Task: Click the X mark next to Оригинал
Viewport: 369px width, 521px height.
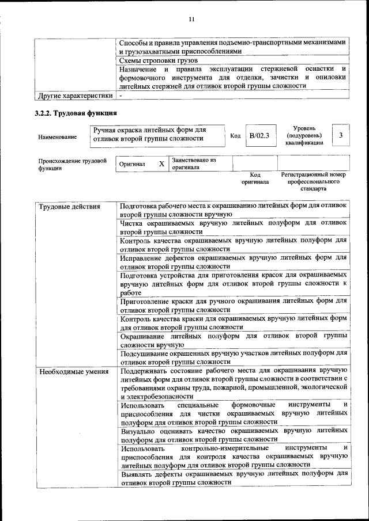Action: click(x=161, y=164)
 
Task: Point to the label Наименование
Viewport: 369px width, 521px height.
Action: click(x=57, y=137)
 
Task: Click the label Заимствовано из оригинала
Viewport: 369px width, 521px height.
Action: click(x=194, y=164)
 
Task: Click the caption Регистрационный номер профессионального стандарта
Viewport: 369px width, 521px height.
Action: click(x=313, y=181)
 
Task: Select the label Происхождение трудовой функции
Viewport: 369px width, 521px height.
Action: click(x=72, y=165)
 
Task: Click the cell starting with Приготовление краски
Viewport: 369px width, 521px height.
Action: click(x=234, y=305)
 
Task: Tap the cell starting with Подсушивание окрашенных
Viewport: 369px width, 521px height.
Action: click(x=234, y=357)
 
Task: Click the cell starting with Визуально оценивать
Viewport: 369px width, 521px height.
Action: click(x=234, y=435)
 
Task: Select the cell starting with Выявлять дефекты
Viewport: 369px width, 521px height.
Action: click(x=234, y=478)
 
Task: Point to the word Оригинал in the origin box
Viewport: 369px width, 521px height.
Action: click(x=132, y=164)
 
